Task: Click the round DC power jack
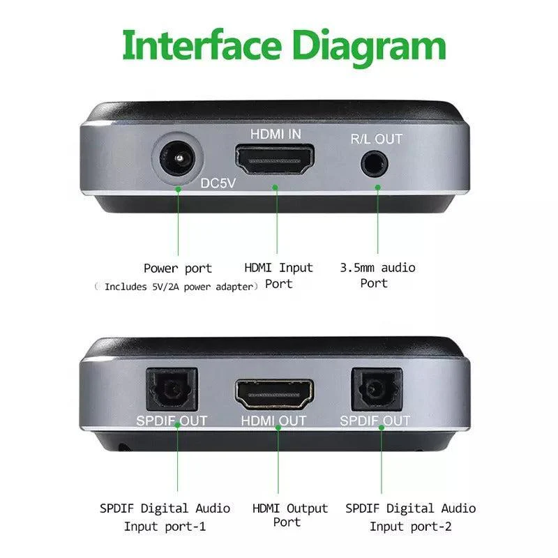pos(177,158)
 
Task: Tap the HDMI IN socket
pos(274,160)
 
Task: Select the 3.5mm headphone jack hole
pos(374,165)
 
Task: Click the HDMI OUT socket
pos(274,394)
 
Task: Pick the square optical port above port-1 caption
pos(172,389)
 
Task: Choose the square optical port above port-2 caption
pos(377,389)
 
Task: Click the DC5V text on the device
pos(218,183)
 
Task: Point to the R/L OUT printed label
pos(377,139)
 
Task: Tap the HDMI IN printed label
pos(276,134)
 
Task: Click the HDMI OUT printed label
pos(273,421)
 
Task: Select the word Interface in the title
pos(202,46)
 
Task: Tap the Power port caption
pos(178,269)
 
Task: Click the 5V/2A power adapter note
pos(176,287)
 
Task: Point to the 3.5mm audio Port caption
pos(377,276)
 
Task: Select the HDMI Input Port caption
pos(278,276)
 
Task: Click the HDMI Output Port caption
pos(289,515)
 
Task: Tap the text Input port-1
pos(165,527)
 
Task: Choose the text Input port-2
pos(410,527)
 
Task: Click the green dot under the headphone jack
pos(377,187)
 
